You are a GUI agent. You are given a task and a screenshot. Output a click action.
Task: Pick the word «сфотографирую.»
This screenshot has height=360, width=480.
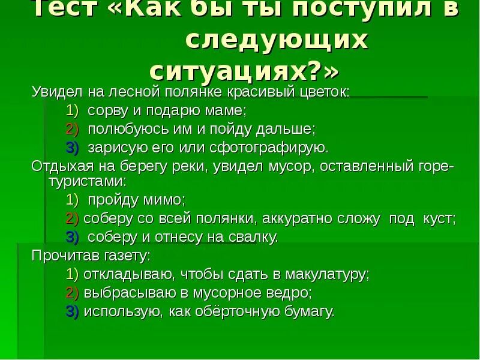275,147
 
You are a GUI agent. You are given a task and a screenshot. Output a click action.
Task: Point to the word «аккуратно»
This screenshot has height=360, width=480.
292,218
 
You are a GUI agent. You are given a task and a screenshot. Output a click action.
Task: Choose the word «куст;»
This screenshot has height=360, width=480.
439,218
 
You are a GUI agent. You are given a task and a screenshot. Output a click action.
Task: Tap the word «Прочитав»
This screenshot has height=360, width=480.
61,255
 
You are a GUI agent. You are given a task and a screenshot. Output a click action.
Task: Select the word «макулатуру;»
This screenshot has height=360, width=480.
326,274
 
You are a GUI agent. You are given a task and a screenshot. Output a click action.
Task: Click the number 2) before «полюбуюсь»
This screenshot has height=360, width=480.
72,129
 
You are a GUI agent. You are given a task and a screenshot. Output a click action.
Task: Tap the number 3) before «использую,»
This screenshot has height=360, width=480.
72,311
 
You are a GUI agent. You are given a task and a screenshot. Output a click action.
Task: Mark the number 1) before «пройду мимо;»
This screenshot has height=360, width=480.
72,199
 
